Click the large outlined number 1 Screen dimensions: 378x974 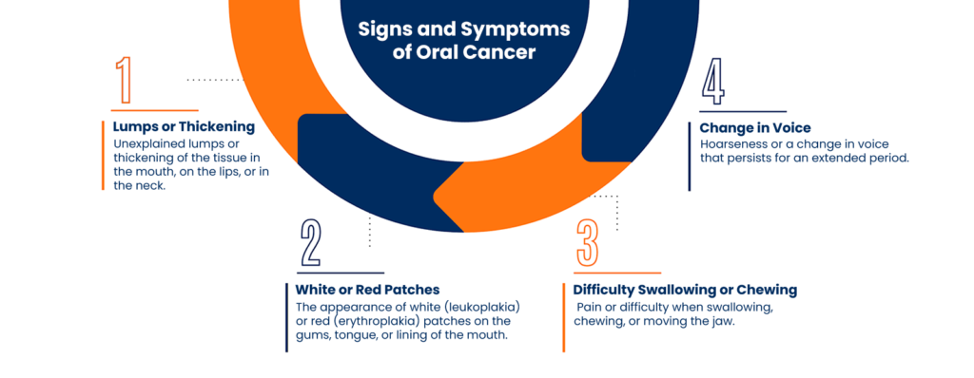point(124,82)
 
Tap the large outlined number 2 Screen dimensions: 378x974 point(310,243)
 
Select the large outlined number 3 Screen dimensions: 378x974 point(588,243)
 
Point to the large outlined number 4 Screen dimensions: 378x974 point(712,82)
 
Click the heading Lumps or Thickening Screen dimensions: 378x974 point(183,126)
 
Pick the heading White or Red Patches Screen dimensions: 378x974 point(368,289)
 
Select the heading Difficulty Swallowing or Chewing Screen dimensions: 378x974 point(685,289)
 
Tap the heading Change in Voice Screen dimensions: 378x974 point(755,126)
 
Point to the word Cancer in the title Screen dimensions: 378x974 point(499,52)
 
